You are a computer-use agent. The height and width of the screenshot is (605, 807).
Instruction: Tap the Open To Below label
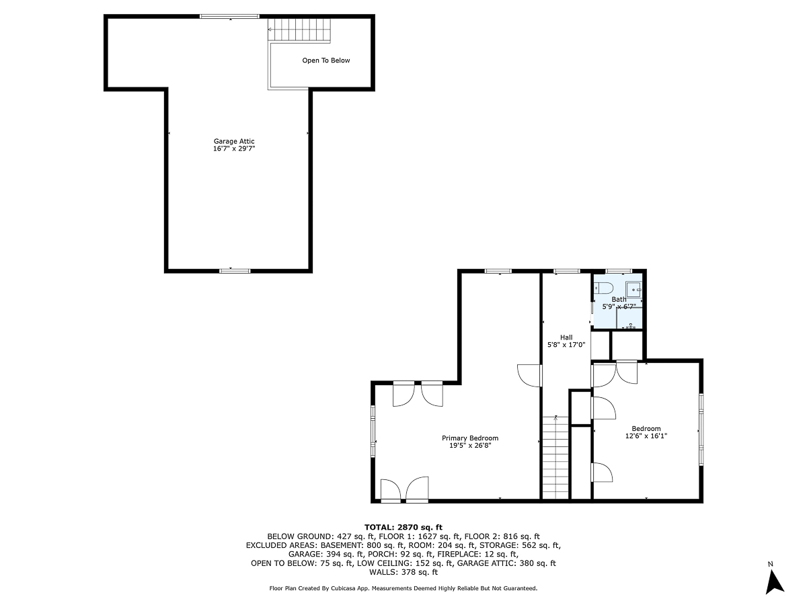[326, 61]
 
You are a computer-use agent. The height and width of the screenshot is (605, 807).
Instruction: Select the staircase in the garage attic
[300, 30]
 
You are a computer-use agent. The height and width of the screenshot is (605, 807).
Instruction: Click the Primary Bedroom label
[474, 438]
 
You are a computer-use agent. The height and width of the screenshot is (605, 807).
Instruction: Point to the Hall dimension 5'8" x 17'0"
[566, 345]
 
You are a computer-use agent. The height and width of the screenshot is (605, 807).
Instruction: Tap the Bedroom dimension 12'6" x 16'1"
[646, 436]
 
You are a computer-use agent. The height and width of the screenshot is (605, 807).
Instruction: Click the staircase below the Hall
[555, 457]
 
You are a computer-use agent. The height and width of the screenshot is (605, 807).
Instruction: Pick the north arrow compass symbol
[775, 579]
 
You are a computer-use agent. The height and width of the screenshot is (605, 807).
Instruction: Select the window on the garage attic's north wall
[229, 16]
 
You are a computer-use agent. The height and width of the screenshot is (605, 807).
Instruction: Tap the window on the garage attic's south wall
[235, 270]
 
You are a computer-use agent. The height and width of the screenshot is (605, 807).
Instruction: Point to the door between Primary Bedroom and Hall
[531, 375]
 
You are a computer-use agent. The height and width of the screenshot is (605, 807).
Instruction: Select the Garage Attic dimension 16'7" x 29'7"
[234, 149]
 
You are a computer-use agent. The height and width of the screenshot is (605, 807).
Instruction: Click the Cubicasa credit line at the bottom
[403, 588]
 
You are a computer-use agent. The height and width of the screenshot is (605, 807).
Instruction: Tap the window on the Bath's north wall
[618, 271]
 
